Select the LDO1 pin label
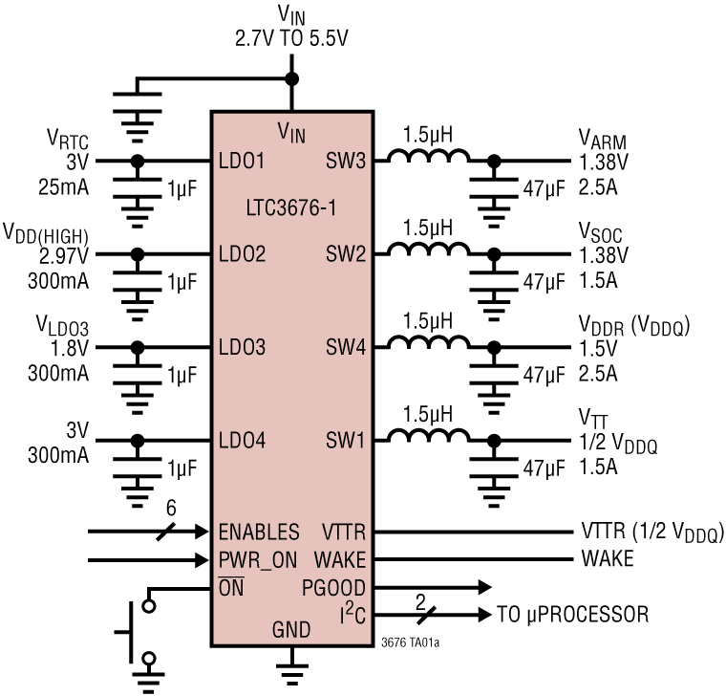(x=241, y=162)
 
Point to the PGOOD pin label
(x=334, y=586)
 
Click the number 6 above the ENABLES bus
(x=170, y=511)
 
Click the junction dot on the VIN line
(x=291, y=79)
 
